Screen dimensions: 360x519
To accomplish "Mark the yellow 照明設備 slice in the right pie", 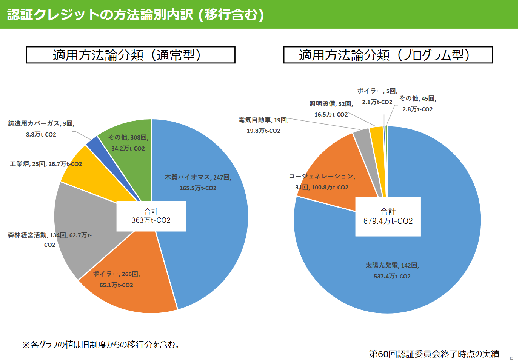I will pos(377,140).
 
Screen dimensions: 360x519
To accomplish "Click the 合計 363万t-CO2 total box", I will pos(151,216).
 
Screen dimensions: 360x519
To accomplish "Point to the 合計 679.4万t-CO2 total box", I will pos(388,217).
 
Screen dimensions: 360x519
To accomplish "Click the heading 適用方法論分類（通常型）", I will pos(130,55).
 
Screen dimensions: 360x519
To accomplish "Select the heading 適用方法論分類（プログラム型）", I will pos(388,55).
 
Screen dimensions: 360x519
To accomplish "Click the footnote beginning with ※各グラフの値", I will pos(102,345).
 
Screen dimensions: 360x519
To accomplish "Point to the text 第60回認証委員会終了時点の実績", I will pos(434,354).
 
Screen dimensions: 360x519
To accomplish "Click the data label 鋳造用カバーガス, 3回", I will pos(41,123).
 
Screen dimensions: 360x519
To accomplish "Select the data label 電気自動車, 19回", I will pos(263,120).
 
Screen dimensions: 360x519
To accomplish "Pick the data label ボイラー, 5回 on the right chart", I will pos(377,91).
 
